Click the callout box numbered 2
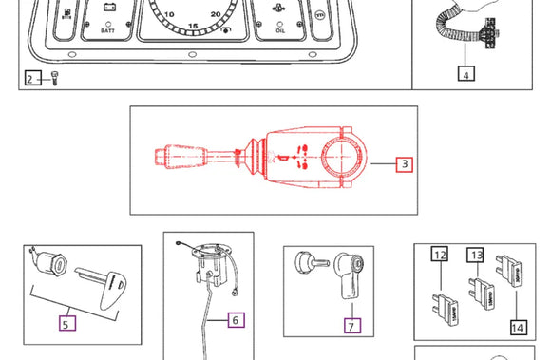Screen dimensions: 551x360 click(30, 80)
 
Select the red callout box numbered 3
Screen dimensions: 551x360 click(404, 164)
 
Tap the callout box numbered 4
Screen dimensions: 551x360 click(465, 73)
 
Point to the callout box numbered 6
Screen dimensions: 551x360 click(235, 319)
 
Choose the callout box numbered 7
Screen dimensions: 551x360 click(351, 326)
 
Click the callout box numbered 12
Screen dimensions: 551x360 click(439, 255)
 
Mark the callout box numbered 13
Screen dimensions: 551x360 click(475, 255)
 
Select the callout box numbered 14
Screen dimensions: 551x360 click(518, 328)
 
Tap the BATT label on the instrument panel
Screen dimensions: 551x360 click(108, 31)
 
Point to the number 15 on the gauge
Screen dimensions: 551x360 click(193, 25)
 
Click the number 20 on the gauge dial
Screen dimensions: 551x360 click(218, 15)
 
